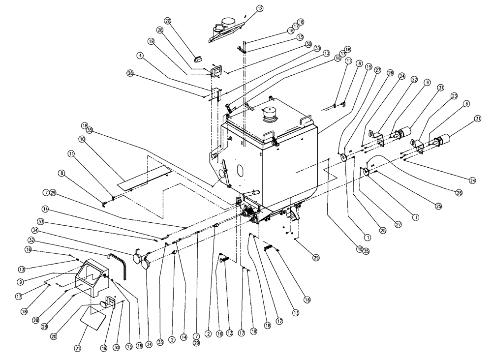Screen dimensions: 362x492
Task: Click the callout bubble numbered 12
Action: pyautogui.click(x=260, y=8)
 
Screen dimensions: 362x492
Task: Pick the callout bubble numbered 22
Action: pyautogui.click(x=414, y=80)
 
